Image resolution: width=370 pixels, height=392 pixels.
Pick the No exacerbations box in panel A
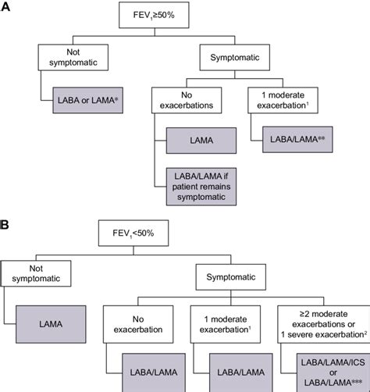click(x=182, y=100)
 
